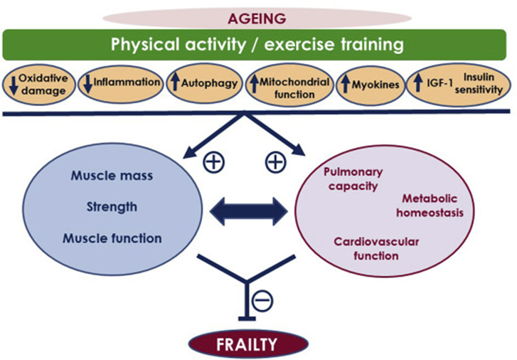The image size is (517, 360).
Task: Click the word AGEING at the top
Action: (257, 18)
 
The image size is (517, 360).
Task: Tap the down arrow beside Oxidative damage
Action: (14, 85)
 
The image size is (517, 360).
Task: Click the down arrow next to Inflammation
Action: (87, 83)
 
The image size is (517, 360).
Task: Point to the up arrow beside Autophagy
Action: (176, 82)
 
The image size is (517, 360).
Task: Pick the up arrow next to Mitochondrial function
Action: (254, 83)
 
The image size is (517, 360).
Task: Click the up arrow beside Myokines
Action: (345, 84)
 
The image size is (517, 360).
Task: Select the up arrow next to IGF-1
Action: (418, 82)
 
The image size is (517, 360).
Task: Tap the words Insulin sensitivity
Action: (479, 83)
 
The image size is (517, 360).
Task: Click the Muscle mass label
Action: (112, 176)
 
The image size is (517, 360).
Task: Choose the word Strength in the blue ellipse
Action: (112, 207)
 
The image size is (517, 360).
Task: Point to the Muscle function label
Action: (112, 238)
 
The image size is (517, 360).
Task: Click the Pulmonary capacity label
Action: (353, 179)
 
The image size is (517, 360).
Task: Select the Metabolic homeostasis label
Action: (430, 206)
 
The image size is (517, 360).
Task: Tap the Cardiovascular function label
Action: (376, 249)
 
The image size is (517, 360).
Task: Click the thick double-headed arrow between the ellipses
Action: (249, 211)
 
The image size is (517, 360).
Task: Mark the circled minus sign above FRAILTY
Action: (262, 301)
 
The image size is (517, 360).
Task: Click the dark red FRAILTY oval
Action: (248, 344)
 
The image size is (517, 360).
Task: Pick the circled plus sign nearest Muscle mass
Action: (213, 162)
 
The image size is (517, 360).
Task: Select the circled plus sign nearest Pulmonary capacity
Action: (276, 162)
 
